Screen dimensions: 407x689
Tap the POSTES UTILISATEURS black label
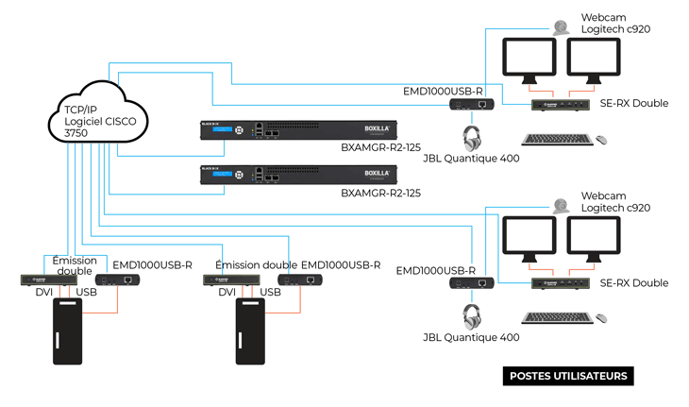pos(567,376)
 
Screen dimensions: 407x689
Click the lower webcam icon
pos(561,204)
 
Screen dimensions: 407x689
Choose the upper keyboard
pos(556,140)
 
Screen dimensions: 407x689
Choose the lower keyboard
pos(556,317)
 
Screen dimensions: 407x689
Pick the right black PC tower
pos(252,331)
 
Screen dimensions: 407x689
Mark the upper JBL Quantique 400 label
pos(471,159)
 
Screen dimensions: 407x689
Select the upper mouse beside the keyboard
pos(600,140)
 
